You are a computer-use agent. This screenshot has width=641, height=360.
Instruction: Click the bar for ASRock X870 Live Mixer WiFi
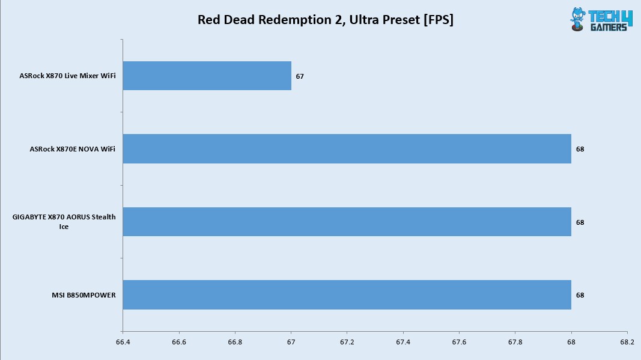pyautogui.click(x=207, y=76)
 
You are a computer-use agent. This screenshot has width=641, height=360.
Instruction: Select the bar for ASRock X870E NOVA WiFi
pyautogui.click(x=347, y=148)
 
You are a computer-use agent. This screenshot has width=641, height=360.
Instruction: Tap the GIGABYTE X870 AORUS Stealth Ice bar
pyautogui.click(x=347, y=222)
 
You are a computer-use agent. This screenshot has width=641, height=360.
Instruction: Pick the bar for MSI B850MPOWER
pyautogui.click(x=347, y=294)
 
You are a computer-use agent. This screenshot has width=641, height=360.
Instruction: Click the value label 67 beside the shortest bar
pyautogui.click(x=300, y=76)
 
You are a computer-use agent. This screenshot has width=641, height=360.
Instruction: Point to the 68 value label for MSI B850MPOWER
pyautogui.click(x=580, y=295)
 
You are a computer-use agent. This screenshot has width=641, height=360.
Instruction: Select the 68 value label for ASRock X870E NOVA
pyautogui.click(x=580, y=149)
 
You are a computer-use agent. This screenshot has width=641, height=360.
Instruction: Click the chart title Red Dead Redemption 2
pyautogui.click(x=325, y=20)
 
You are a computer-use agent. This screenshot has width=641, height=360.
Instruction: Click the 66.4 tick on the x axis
pyautogui.click(x=123, y=342)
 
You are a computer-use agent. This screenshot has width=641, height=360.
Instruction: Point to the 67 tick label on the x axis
pyautogui.click(x=291, y=342)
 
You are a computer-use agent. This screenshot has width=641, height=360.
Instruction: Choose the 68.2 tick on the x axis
pyautogui.click(x=627, y=342)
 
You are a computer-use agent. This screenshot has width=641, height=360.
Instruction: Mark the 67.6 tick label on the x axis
pyautogui.click(x=459, y=342)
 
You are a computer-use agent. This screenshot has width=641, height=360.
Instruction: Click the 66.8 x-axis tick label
pyautogui.click(x=235, y=342)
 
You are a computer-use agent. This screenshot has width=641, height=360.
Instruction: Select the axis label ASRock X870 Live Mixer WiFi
pyautogui.click(x=67, y=76)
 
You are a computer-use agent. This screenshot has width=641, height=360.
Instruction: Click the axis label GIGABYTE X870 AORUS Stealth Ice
pyautogui.click(x=64, y=222)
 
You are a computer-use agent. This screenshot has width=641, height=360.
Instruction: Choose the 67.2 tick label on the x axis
pyautogui.click(x=347, y=342)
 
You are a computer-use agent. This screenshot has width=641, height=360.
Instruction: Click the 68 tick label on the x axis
pyautogui.click(x=571, y=342)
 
